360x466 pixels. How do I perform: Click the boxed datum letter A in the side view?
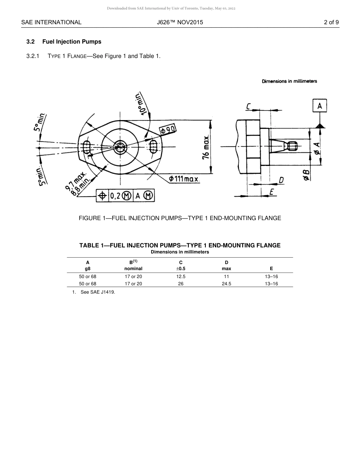[x=319, y=106]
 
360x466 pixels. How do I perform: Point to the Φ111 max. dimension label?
[x=184, y=178]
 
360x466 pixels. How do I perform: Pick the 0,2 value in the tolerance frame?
[x=115, y=195]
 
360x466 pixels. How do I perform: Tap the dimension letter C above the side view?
[x=248, y=107]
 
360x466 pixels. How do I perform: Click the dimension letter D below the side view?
[x=281, y=180]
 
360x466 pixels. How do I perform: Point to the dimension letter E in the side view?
[x=271, y=192]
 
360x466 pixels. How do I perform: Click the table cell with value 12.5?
[x=181, y=277]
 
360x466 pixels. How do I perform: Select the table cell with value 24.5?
[x=227, y=284]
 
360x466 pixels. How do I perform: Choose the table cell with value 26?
[x=181, y=284]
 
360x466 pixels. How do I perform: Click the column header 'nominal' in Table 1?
[x=133, y=269]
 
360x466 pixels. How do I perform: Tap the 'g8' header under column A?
[x=88, y=269]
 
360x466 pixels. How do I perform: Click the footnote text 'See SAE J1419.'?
[x=97, y=292]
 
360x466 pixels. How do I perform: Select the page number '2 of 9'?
[x=331, y=22]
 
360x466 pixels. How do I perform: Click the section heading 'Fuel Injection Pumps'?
[x=72, y=42]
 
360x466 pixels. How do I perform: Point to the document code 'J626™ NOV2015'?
[x=180, y=22]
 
